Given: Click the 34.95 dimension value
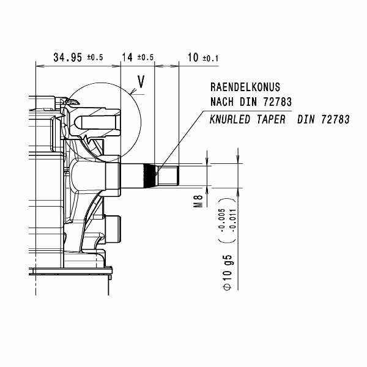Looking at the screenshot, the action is (68, 57).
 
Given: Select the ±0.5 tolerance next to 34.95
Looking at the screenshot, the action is (95, 57).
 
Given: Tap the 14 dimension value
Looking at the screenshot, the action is (127, 57).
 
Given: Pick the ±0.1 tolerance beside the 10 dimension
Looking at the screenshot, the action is (210, 58).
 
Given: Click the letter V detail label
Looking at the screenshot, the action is (141, 81).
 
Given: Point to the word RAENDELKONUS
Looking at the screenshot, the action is (245, 87).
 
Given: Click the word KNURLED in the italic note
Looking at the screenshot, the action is (230, 119).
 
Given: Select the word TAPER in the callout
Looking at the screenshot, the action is (271, 119).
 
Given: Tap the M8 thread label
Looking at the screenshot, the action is (198, 201).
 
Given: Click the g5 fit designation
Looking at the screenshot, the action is (228, 260).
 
